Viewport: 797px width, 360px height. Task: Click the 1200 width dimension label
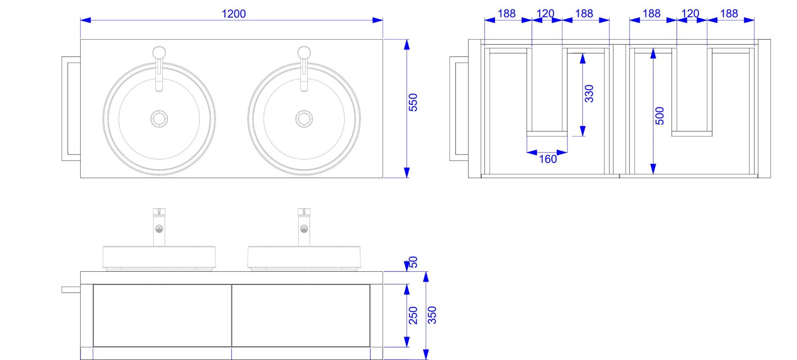tap(234, 14)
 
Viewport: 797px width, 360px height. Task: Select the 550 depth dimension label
tap(413, 103)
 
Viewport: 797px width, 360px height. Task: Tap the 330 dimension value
tap(589, 94)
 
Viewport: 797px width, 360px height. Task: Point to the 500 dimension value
tap(659, 116)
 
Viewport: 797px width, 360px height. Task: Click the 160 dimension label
tap(548, 159)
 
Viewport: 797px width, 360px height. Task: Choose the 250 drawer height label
tap(413, 315)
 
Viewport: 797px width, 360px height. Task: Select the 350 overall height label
tap(432, 315)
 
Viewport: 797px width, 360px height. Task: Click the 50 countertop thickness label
tap(413, 262)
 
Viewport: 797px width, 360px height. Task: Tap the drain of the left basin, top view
tap(159, 119)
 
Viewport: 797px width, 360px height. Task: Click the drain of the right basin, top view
tap(304, 119)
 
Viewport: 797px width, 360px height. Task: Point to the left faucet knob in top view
tap(159, 53)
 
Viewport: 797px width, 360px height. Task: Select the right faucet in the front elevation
tap(304, 227)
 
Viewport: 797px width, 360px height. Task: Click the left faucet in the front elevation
tap(159, 227)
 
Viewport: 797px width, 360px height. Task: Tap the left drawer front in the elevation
tap(162, 315)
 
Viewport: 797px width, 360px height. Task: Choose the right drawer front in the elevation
tap(301, 315)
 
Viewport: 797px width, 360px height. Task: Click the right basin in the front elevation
tap(304, 258)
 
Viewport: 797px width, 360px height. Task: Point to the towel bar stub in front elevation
tap(71, 290)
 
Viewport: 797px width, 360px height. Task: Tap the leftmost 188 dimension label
tap(506, 14)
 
